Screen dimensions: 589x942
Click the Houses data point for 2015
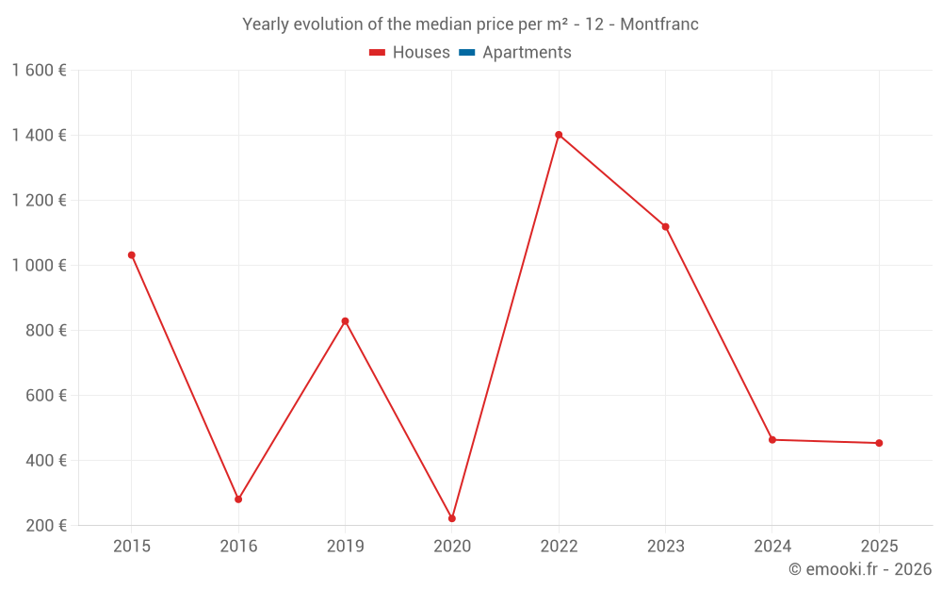coord(131,255)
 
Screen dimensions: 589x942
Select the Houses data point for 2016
coord(238,499)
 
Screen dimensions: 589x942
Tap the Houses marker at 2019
coord(345,321)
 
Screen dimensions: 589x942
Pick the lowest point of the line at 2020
coord(452,518)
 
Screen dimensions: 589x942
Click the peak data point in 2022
coord(559,135)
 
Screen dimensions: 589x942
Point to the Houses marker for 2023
coord(665,226)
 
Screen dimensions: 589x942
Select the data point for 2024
coord(772,440)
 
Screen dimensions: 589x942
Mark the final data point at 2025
coord(879,443)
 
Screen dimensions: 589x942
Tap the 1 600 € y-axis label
coord(39,70)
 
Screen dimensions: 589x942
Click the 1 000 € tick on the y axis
coord(39,266)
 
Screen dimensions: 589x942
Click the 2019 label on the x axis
coord(345,547)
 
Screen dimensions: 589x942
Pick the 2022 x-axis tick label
coord(559,547)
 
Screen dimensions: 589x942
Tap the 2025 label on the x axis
coord(879,547)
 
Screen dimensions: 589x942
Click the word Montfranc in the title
coord(659,25)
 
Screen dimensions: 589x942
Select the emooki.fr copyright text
coord(859,569)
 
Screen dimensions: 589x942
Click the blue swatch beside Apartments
coord(466,53)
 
